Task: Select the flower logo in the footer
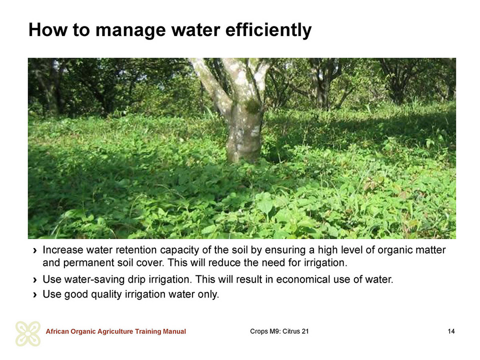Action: (28, 333)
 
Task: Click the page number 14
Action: (451, 331)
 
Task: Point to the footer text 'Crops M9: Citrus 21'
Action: (279, 331)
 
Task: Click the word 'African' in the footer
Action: (57, 331)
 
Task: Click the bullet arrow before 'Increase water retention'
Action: (35, 250)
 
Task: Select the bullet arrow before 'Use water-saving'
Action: (35, 280)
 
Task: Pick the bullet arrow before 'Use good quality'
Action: (35, 295)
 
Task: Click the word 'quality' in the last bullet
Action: (106, 295)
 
